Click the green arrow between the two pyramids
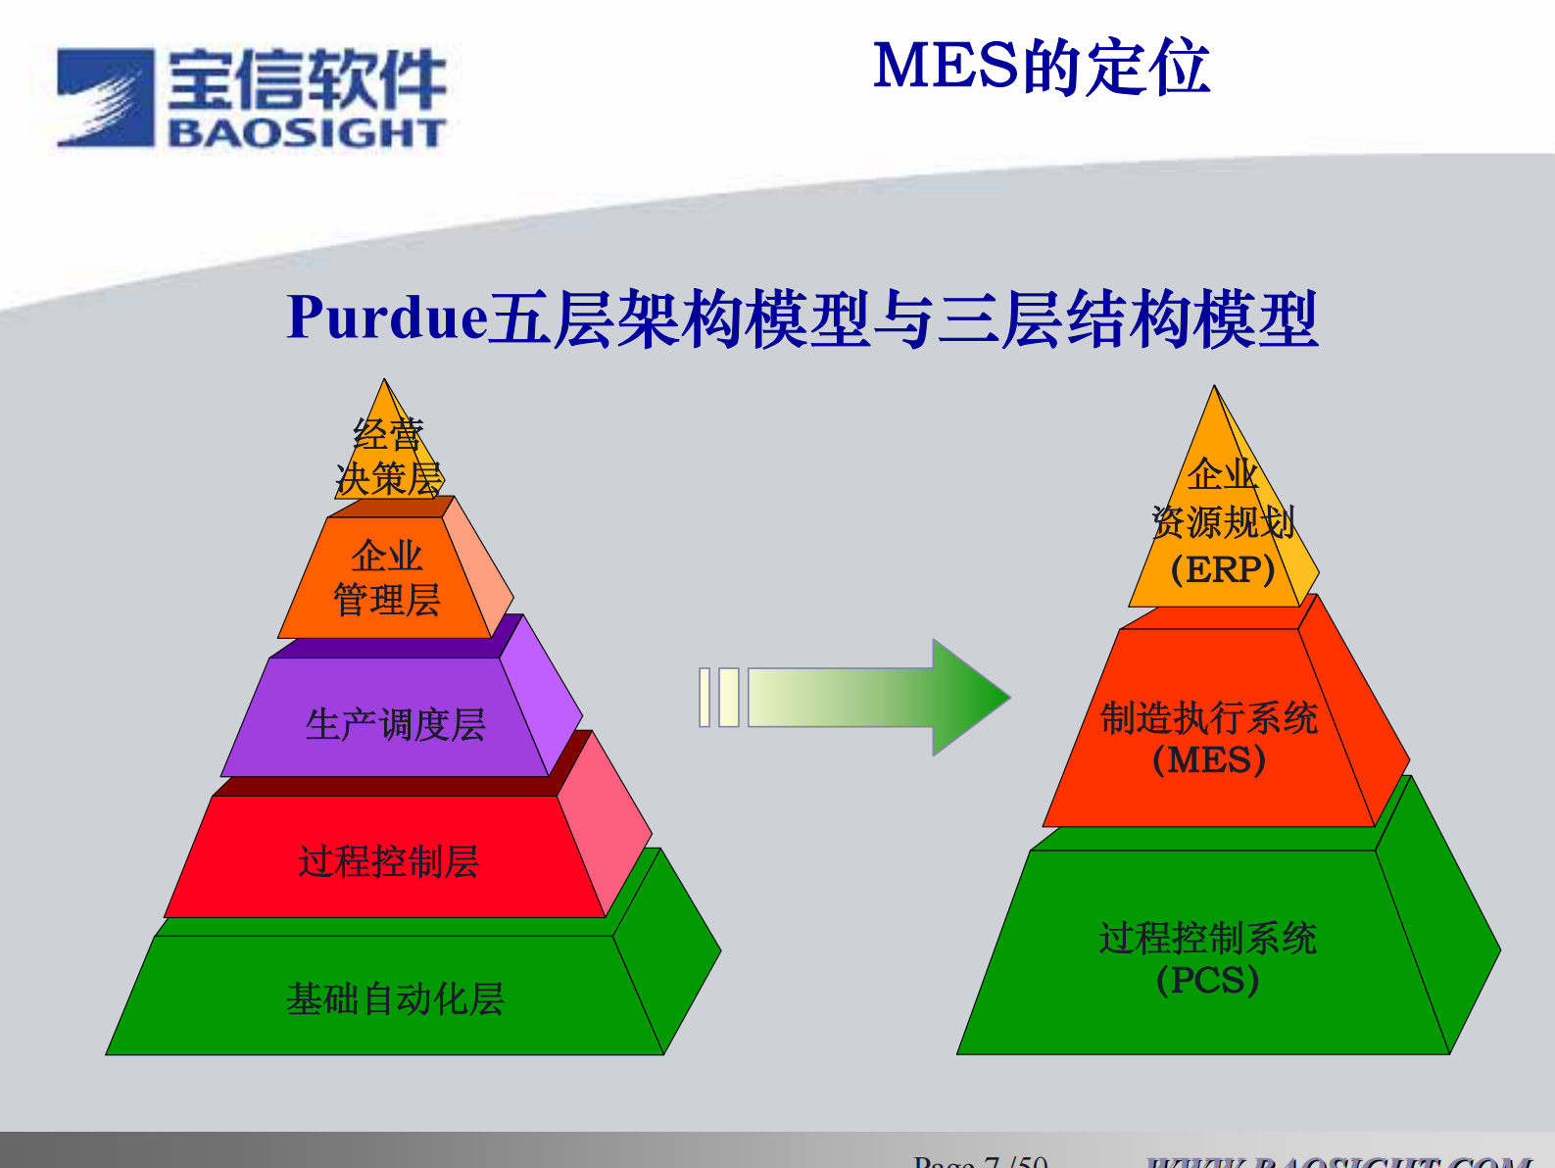(882, 698)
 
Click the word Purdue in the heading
(387, 318)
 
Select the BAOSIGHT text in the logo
(307, 132)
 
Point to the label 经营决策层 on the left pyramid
(389, 458)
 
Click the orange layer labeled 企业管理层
(387, 578)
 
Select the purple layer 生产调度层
(395, 725)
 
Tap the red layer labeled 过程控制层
(388, 861)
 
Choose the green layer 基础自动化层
(395, 998)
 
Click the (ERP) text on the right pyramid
(1222, 569)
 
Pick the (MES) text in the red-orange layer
(1209, 760)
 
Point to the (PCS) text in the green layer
(1207, 980)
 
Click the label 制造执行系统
(1209, 718)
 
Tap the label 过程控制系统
(1207, 938)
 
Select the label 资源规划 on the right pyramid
(1223, 522)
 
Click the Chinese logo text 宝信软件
(307, 80)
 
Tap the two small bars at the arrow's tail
(719, 698)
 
